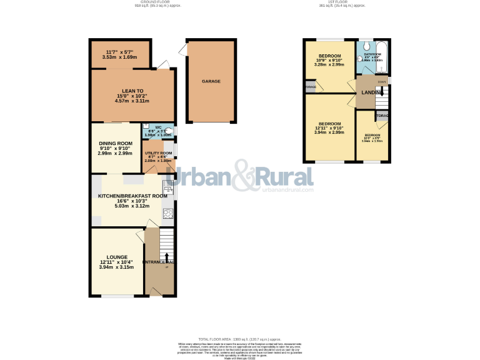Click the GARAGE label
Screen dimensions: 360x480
pyautogui.click(x=211, y=81)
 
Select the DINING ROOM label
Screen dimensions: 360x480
pyautogui.click(x=115, y=143)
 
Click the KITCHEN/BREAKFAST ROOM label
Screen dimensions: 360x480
pyautogui.click(x=132, y=196)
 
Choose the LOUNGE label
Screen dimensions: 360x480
pyautogui.click(x=117, y=257)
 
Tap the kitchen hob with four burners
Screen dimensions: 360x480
pyautogui.click(x=167, y=214)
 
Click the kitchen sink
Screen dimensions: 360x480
pyautogui.click(x=167, y=186)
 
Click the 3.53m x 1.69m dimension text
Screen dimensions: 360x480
pyautogui.click(x=120, y=57)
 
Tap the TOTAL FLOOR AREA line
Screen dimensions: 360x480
pyautogui.click(x=239, y=338)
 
